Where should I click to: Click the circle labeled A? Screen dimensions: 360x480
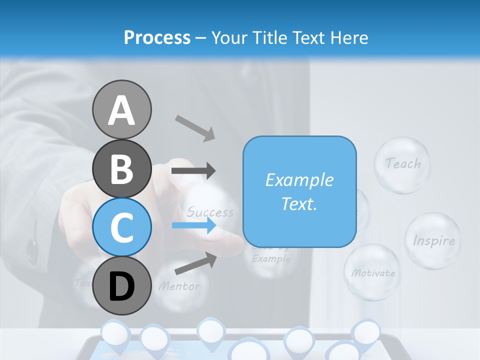point(122,109)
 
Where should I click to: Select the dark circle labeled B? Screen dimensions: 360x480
point(122,168)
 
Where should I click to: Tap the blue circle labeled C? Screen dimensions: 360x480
point(122,227)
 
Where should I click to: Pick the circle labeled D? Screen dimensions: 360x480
point(122,286)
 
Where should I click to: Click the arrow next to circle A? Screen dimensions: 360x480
point(195,127)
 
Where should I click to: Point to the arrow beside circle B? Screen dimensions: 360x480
point(193,171)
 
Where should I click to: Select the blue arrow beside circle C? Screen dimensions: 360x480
point(193,225)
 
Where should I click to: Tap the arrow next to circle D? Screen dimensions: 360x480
point(195,263)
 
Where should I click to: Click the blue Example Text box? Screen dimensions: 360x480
point(299,191)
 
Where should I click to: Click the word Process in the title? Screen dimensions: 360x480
point(157,37)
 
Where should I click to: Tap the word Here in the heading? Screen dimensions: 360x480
point(349,37)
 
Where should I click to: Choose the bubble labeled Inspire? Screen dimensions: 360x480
point(433,241)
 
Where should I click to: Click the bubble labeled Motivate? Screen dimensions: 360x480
point(372,273)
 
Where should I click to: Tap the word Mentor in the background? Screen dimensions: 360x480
point(179,286)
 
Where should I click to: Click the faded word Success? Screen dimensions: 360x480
point(210,212)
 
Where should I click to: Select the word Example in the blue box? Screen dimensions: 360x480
point(299,180)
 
